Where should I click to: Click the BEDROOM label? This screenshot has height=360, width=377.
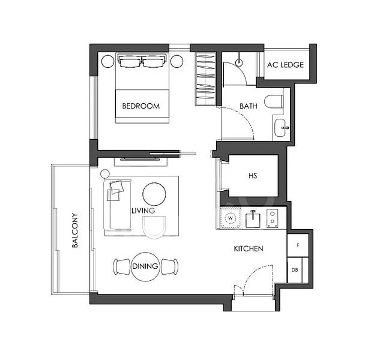pos(141,106)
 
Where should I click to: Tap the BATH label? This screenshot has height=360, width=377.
pos(249,106)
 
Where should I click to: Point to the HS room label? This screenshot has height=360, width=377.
pos(253,176)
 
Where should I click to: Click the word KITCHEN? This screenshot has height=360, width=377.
pos(249,248)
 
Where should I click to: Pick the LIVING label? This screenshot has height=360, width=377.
pos(143,211)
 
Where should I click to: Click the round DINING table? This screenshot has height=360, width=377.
pos(145,266)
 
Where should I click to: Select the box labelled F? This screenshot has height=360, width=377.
pos(297,246)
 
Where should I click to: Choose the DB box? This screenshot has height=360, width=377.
pos(295,270)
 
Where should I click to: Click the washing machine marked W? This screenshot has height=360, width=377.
pos(230,218)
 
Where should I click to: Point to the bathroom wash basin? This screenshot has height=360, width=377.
pos(280,128)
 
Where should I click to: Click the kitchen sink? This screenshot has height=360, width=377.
pos(253,220)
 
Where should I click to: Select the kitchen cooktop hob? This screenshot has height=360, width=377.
pos(273,218)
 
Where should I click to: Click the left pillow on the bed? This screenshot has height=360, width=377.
pos(129,62)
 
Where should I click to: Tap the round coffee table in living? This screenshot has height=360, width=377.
pos(154,193)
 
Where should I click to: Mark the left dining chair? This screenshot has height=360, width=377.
pos(121,266)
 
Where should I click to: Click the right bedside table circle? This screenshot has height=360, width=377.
pos(177,61)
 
